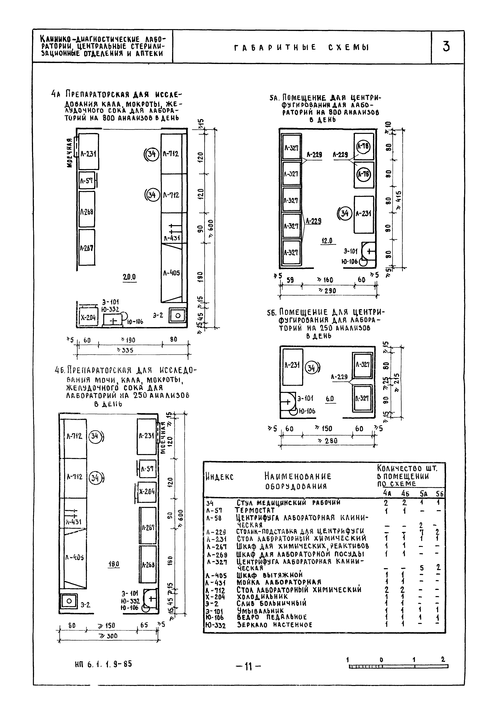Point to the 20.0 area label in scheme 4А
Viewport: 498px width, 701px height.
pyautogui.click(x=129, y=277)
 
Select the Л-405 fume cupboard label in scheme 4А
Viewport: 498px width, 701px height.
pyautogui.click(x=171, y=273)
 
